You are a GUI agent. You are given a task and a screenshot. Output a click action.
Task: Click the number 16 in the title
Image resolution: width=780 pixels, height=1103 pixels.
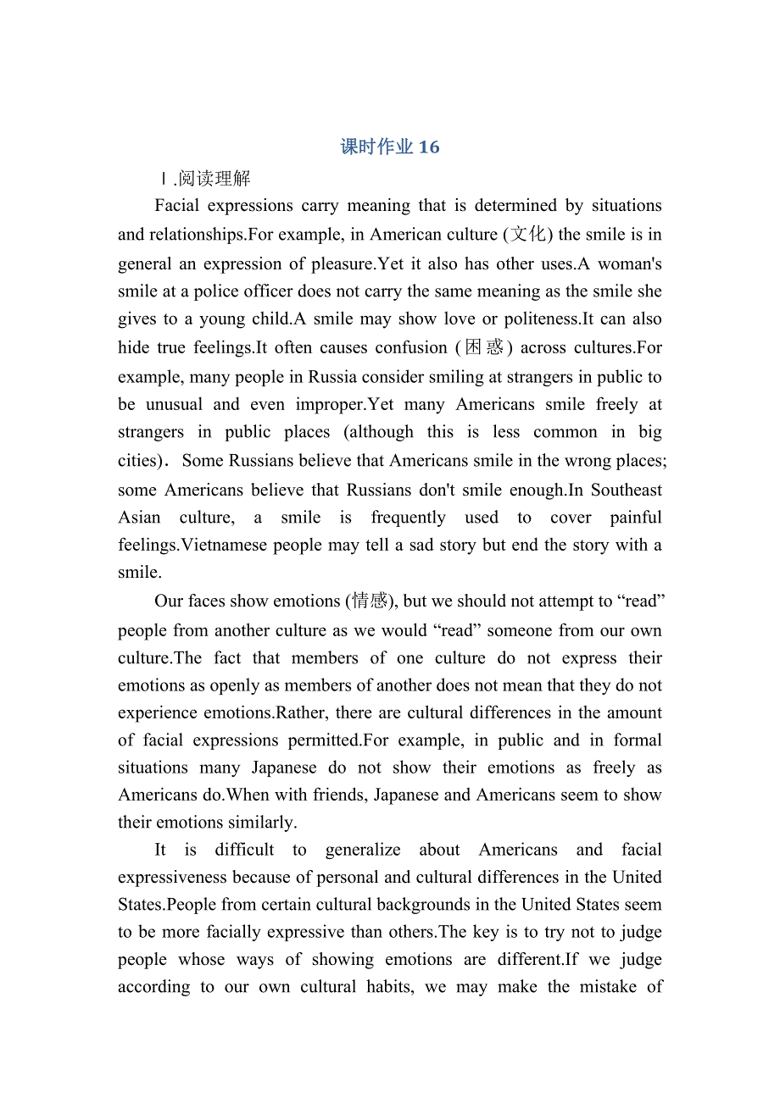(x=429, y=147)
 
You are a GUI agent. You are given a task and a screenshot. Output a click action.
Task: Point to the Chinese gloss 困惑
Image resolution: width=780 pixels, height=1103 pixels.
(x=484, y=347)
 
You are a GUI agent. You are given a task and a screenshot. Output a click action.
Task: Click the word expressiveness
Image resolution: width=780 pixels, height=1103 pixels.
(x=173, y=877)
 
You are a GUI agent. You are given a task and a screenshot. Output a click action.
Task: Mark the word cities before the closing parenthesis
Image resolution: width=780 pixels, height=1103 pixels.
(x=136, y=461)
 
